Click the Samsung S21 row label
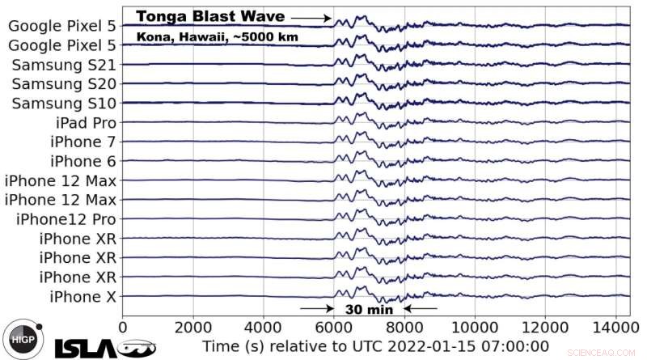point(64,65)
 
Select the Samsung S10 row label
point(64,104)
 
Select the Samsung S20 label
point(64,84)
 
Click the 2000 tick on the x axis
point(192,328)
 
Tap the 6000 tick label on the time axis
point(333,328)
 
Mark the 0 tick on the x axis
point(123,328)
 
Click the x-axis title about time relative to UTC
point(376,348)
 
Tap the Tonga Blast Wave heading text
point(210,16)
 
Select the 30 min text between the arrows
point(368,308)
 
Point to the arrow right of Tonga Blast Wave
point(311,17)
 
